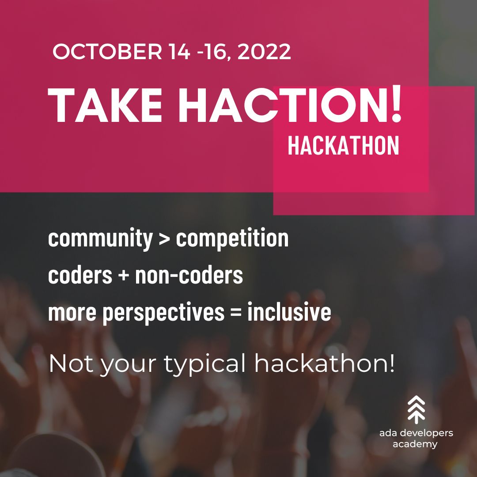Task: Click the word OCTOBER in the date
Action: [x=108, y=52]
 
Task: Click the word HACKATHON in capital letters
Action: [x=343, y=146]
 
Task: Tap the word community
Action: [x=100, y=239]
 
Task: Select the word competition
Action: [x=232, y=239]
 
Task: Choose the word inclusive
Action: [x=289, y=312]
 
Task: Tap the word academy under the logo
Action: [x=415, y=444]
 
